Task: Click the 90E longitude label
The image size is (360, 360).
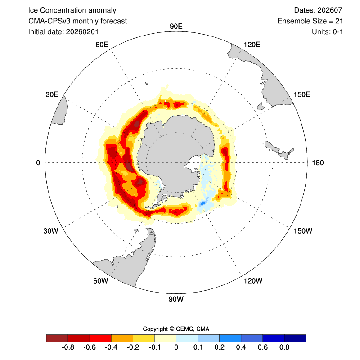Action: click(x=176, y=26)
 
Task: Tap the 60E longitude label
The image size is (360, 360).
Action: click(x=102, y=44)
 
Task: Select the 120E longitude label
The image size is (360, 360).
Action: click(x=252, y=44)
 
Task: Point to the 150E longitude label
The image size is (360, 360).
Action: click(x=302, y=94)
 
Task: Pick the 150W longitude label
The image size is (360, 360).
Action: click(x=302, y=231)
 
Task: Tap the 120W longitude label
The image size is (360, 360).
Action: click(x=252, y=281)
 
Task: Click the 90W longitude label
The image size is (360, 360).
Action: click(x=175, y=299)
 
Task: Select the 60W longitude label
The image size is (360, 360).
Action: click(x=100, y=281)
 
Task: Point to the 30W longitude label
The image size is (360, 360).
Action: click(x=51, y=231)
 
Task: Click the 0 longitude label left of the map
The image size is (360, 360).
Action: click(x=38, y=162)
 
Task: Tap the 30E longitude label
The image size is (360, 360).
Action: click(x=52, y=94)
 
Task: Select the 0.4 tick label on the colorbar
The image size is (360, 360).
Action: click(x=241, y=348)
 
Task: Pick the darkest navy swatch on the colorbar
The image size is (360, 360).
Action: click(x=295, y=338)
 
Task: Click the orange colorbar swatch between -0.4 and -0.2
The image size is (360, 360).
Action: click(x=122, y=338)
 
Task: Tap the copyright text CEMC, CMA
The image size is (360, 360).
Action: click(x=193, y=328)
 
